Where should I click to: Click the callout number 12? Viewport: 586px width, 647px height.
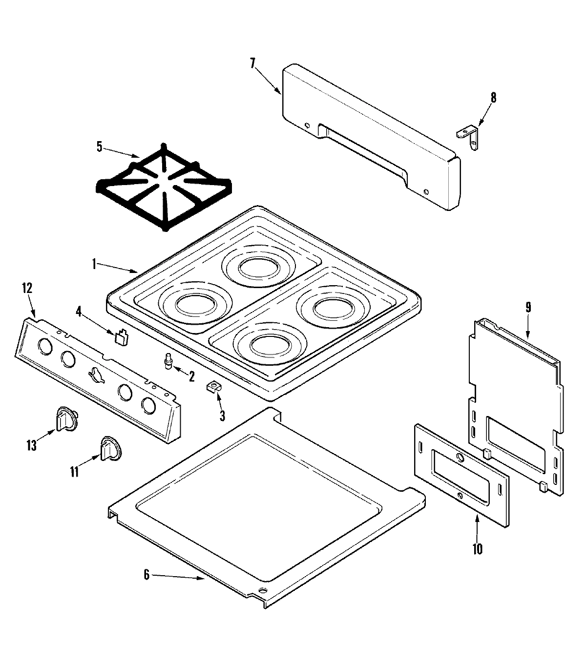(x=27, y=288)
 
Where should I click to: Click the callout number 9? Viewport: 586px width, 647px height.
(x=528, y=308)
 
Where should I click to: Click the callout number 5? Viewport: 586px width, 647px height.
(x=100, y=147)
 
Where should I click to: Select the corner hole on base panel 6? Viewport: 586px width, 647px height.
(x=263, y=592)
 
